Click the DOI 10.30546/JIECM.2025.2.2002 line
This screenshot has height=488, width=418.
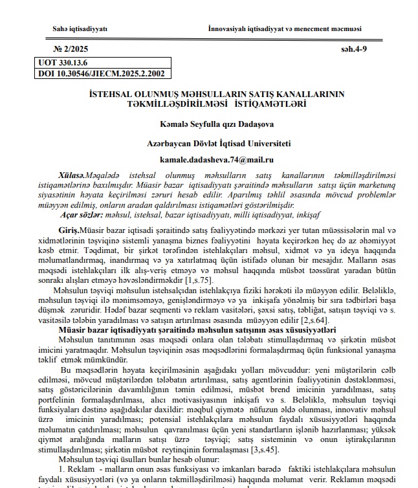[x=102, y=74]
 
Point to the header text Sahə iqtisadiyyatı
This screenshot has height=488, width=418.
[x=80, y=29]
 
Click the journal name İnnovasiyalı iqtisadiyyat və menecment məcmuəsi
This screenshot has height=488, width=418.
[x=285, y=29]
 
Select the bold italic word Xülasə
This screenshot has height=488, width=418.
[x=71, y=175]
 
